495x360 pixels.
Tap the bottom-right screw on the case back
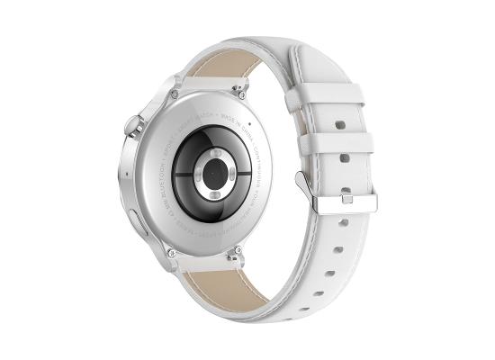[x=236, y=260]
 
